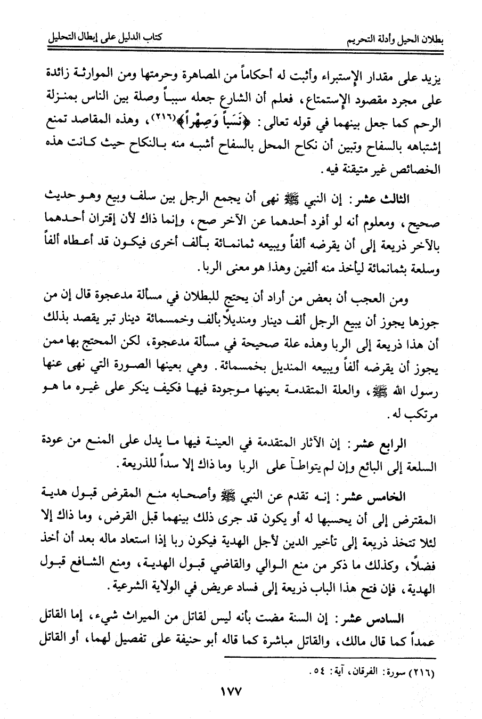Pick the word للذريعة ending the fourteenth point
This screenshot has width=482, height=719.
click(x=134, y=465)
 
